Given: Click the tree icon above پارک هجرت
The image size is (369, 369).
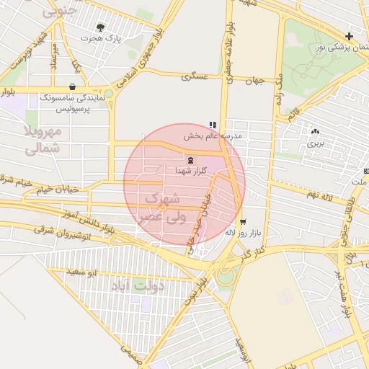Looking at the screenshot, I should [100, 27].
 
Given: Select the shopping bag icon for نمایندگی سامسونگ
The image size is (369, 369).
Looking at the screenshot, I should [73, 85].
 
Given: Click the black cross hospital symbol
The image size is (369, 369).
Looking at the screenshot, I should [350, 36].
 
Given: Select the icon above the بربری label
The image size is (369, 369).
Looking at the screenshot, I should [315, 132].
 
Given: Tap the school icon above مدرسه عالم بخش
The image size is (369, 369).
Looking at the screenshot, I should [213, 124].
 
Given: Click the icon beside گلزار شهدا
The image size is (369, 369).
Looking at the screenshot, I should [190, 160].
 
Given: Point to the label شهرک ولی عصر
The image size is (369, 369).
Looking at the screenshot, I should [165, 207].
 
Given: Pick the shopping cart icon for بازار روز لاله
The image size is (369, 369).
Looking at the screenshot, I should [242, 222].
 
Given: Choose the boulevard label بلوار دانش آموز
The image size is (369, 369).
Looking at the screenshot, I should [89, 218].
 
